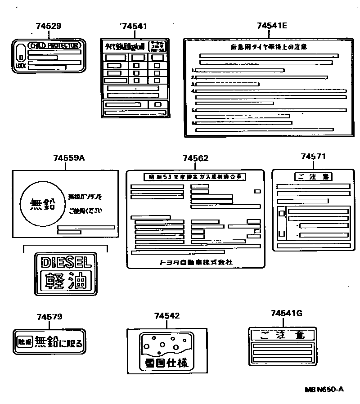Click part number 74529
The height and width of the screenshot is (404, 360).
click(x=48, y=26)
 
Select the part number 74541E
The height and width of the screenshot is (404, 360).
click(x=272, y=26)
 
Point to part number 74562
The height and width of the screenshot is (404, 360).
click(x=195, y=158)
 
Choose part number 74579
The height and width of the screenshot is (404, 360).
click(x=49, y=317)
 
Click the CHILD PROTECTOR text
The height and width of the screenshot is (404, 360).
click(x=54, y=45)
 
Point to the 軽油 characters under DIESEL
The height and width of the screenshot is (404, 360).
click(x=66, y=282)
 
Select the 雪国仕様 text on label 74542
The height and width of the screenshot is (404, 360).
click(x=166, y=362)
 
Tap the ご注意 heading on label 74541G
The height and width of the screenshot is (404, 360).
click(x=283, y=335)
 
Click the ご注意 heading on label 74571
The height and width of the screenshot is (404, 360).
click(x=311, y=177)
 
